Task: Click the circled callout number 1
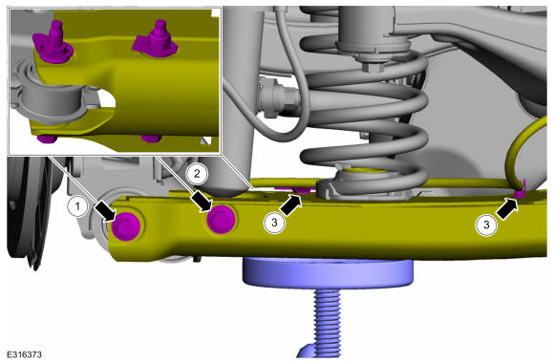pyautogui.click(x=77, y=205)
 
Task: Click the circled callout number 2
pyautogui.click(x=197, y=174)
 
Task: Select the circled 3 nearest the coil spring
pyautogui.click(x=274, y=223)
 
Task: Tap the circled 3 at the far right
pyautogui.click(x=486, y=225)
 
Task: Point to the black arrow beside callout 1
pyautogui.click(x=106, y=212)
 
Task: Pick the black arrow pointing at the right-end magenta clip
pyautogui.click(x=507, y=209)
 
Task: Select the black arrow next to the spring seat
pyautogui.click(x=291, y=205)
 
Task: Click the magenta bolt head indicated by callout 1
pyautogui.click(x=126, y=226)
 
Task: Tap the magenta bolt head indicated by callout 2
pyautogui.click(x=222, y=219)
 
